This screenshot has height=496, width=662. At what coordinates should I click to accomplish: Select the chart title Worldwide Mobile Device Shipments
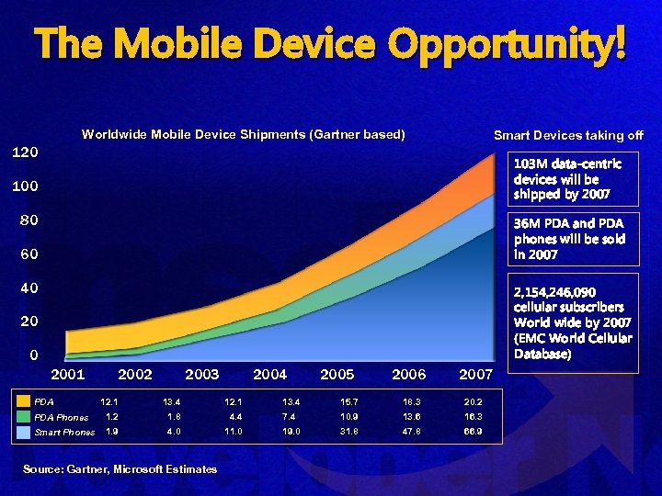tap(243, 134)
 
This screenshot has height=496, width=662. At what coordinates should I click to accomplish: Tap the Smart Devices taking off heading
tap(568, 135)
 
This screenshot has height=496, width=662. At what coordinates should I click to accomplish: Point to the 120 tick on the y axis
tap(24, 152)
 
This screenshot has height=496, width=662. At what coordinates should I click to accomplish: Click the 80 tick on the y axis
tap(29, 220)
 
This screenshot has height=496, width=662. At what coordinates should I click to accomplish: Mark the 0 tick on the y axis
tap(33, 355)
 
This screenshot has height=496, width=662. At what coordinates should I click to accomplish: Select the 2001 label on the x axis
tap(68, 375)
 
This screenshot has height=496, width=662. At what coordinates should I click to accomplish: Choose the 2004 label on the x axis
tap(269, 375)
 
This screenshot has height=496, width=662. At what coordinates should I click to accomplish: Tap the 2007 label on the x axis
tap(475, 375)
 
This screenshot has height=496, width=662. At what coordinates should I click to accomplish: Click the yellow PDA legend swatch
tap(23, 401)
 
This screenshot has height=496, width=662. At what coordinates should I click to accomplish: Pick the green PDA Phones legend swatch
tap(23, 416)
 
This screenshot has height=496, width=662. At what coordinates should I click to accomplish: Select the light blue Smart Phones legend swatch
tap(23, 431)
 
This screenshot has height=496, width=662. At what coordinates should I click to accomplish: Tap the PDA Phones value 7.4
tap(294, 416)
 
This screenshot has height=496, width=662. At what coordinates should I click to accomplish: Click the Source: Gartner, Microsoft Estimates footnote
tap(120, 469)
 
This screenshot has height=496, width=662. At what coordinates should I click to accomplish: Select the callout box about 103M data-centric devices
tap(574, 178)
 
